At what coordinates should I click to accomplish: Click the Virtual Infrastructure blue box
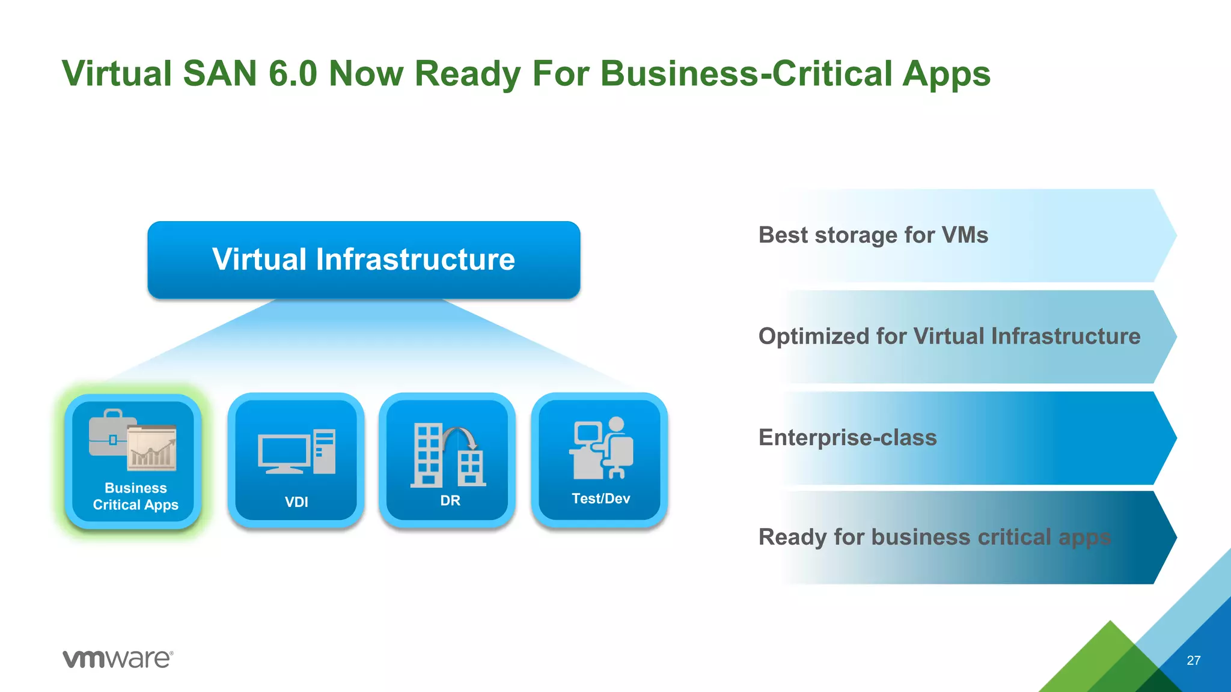pos(364,259)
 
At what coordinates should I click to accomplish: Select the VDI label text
pos(296,502)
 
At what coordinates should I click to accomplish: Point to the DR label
pos(450,500)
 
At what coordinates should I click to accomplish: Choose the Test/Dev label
pos(600,499)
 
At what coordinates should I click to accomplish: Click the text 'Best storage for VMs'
pos(873,235)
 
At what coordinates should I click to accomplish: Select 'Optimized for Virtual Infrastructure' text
pos(949,336)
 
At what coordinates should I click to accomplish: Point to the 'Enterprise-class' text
pos(848,437)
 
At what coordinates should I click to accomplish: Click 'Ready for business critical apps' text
pos(935,537)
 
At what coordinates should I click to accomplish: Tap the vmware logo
pos(118,658)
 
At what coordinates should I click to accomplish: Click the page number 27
pos(1193,661)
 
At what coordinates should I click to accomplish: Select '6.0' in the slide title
pos(292,73)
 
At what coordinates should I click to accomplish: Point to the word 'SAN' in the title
pos(219,73)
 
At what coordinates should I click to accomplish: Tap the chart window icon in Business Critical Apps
pos(151,448)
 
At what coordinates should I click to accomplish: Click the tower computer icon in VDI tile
pos(325,451)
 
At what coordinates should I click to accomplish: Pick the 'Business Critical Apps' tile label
pos(136,496)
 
